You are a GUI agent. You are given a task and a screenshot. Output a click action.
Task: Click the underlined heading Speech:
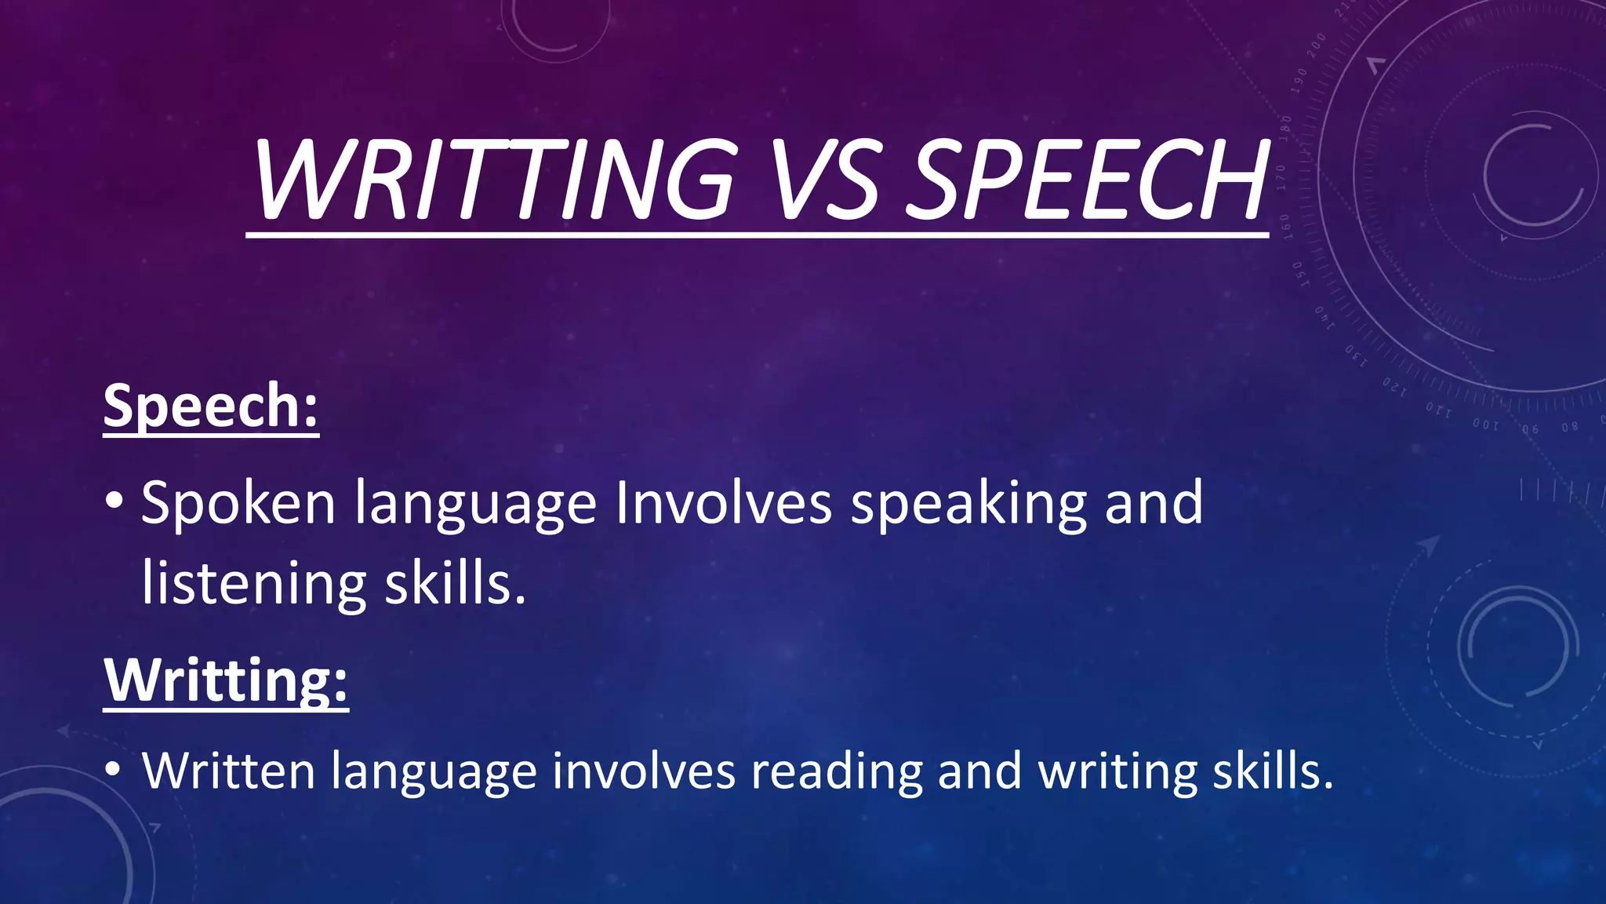click(211, 406)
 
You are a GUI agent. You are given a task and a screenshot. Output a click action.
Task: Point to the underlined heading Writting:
click(226, 680)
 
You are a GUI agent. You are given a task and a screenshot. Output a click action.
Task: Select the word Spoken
click(238, 504)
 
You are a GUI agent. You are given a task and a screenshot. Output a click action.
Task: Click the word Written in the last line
click(228, 771)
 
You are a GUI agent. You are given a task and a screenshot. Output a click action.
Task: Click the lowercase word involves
click(644, 771)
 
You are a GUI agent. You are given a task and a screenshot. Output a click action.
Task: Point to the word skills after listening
click(455, 584)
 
